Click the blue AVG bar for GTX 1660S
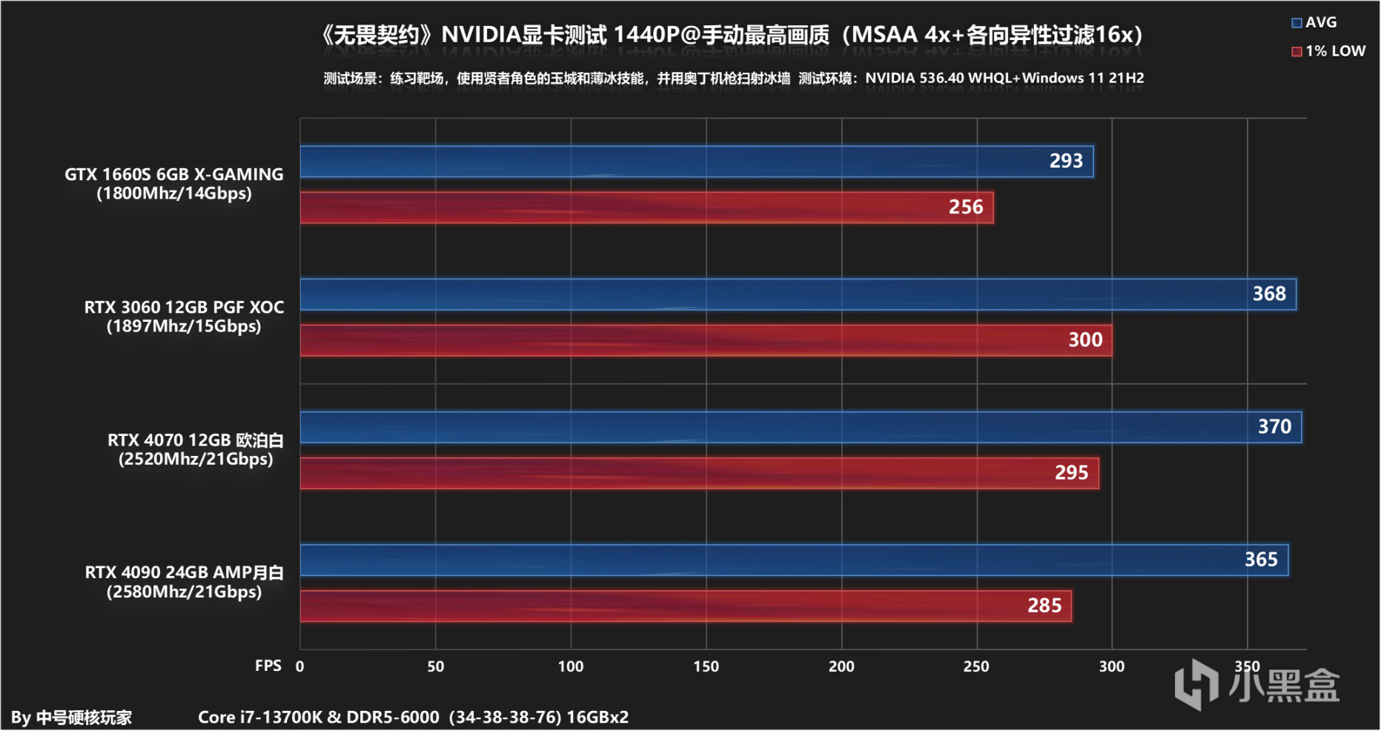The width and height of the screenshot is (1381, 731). (x=667, y=162)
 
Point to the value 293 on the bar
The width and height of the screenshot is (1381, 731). (x=1066, y=161)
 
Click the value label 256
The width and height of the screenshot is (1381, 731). (x=966, y=207)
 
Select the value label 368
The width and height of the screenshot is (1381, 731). (x=1269, y=294)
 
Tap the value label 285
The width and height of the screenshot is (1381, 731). (x=1044, y=606)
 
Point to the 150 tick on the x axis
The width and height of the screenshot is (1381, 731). (x=706, y=666)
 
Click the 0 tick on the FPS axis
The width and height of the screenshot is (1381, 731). (x=299, y=666)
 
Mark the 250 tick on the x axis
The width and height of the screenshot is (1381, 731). (x=976, y=666)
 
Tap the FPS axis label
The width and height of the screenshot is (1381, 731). (x=268, y=666)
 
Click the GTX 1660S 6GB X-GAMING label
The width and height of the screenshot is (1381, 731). (x=173, y=174)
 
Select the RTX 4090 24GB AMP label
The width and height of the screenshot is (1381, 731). (x=184, y=572)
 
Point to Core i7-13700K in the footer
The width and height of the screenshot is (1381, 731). (x=260, y=717)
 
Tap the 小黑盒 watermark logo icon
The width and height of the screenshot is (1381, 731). (x=1196, y=684)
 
